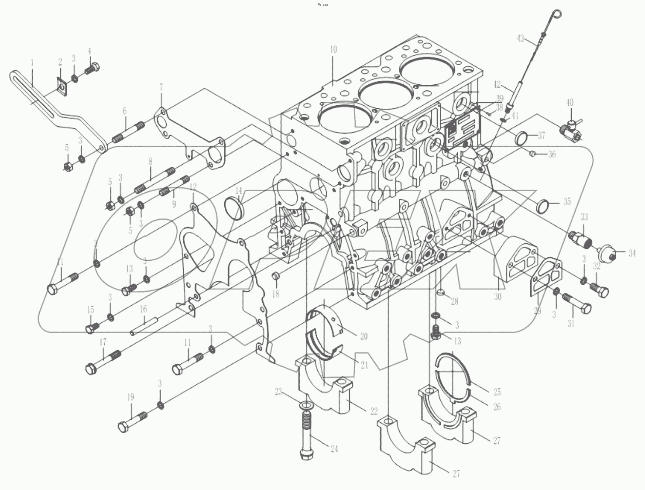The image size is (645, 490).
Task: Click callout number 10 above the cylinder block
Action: pyautogui.click(x=333, y=50)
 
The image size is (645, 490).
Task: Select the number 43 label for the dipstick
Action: pyautogui.click(x=520, y=38)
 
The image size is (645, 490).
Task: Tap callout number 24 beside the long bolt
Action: pyautogui.click(x=334, y=449)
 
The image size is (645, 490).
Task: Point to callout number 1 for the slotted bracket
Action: pyautogui.click(x=32, y=62)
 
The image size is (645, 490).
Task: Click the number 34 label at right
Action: pyautogui.click(x=632, y=253)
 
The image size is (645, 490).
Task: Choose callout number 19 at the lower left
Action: pyautogui.click(x=130, y=397)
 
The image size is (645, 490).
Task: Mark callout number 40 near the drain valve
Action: pyautogui.click(x=570, y=103)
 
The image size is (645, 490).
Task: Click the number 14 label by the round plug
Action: pyautogui.click(x=238, y=191)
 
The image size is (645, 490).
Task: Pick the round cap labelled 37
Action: pyautogui.click(x=522, y=138)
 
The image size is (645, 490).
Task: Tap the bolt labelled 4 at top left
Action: pyautogui.click(x=93, y=69)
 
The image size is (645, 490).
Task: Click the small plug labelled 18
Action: pyautogui.click(x=275, y=276)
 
